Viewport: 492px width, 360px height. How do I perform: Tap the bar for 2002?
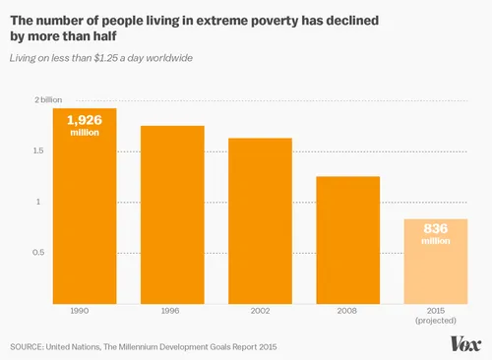260,220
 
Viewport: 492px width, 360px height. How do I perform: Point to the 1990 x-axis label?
85,311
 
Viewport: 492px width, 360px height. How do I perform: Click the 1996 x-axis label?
172,311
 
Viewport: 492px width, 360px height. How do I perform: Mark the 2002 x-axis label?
260,311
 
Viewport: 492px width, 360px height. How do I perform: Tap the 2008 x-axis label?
347,311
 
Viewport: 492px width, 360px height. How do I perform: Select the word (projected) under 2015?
435,321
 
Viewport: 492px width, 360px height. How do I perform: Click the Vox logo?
464,343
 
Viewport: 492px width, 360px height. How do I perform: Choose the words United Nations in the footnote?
91,346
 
